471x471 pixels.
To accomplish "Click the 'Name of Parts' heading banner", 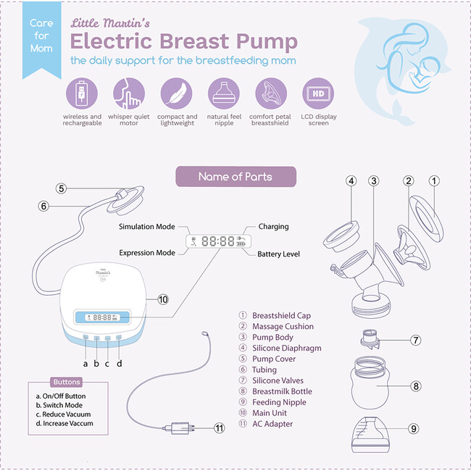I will (236, 177).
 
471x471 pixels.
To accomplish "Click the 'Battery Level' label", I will (278, 254).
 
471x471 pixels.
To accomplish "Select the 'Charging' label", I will (273, 227).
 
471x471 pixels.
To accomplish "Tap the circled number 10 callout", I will (162, 299).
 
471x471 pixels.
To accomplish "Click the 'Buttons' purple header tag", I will (67, 382).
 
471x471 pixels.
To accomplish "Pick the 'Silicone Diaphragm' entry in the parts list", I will (287, 348).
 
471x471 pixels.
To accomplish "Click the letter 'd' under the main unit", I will (120, 363).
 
